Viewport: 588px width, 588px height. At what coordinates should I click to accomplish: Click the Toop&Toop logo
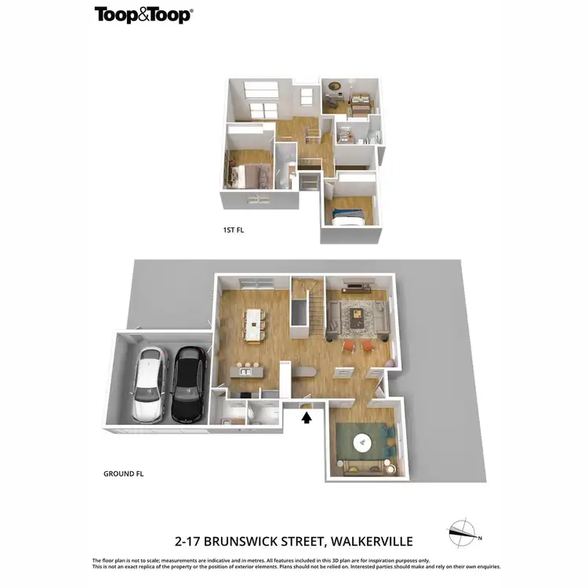pos(143,14)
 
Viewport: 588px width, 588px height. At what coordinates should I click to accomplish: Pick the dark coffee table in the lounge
pos(358,318)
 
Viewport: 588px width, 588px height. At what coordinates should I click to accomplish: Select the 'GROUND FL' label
pos(124,474)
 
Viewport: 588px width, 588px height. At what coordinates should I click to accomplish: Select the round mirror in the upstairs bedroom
pos(335,86)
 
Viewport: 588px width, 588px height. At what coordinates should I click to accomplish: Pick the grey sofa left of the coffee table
pos(333,318)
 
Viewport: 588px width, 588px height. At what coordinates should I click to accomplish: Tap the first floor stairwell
pos(311,136)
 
